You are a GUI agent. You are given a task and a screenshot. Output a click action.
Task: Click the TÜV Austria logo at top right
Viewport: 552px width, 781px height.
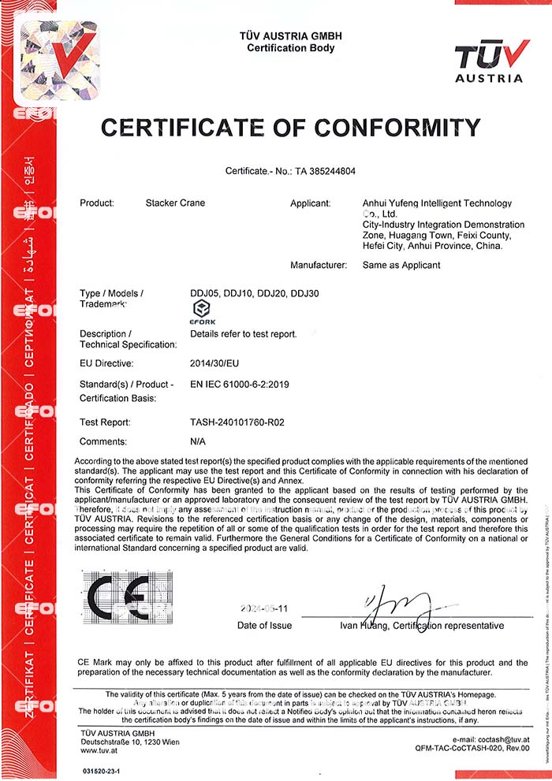[x=488, y=61]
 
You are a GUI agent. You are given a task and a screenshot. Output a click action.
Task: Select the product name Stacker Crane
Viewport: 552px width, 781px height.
[x=175, y=203]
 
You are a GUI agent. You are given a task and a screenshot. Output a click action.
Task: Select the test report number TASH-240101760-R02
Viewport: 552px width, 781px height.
[x=237, y=422]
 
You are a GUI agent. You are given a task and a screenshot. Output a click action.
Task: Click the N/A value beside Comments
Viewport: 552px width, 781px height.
[x=198, y=442]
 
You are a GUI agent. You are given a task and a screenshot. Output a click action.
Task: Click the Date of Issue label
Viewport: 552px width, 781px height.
[x=264, y=626]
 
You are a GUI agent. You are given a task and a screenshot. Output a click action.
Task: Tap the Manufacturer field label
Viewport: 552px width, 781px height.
[x=319, y=266]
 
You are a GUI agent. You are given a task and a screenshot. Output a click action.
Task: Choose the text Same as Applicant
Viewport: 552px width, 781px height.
[x=401, y=266]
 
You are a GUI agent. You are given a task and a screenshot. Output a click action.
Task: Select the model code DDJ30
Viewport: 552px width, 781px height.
[x=304, y=294]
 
